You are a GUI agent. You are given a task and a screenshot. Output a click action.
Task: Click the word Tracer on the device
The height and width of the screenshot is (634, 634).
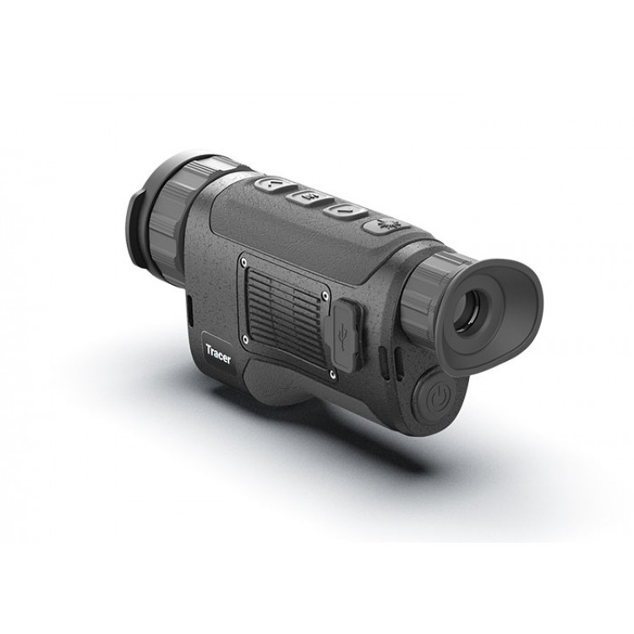pos(218,354)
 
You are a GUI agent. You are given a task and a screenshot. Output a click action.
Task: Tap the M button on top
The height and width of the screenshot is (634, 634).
pos(310,197)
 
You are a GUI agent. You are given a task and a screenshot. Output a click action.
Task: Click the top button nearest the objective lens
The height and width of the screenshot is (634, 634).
pos(276,185)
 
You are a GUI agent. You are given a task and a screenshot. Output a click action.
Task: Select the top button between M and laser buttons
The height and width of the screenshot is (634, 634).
pos(347,211)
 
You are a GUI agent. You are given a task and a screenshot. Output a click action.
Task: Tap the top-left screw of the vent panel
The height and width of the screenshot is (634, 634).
pos(243,262)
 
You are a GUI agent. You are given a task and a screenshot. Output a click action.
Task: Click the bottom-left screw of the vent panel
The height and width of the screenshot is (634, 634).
pos(245,340)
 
